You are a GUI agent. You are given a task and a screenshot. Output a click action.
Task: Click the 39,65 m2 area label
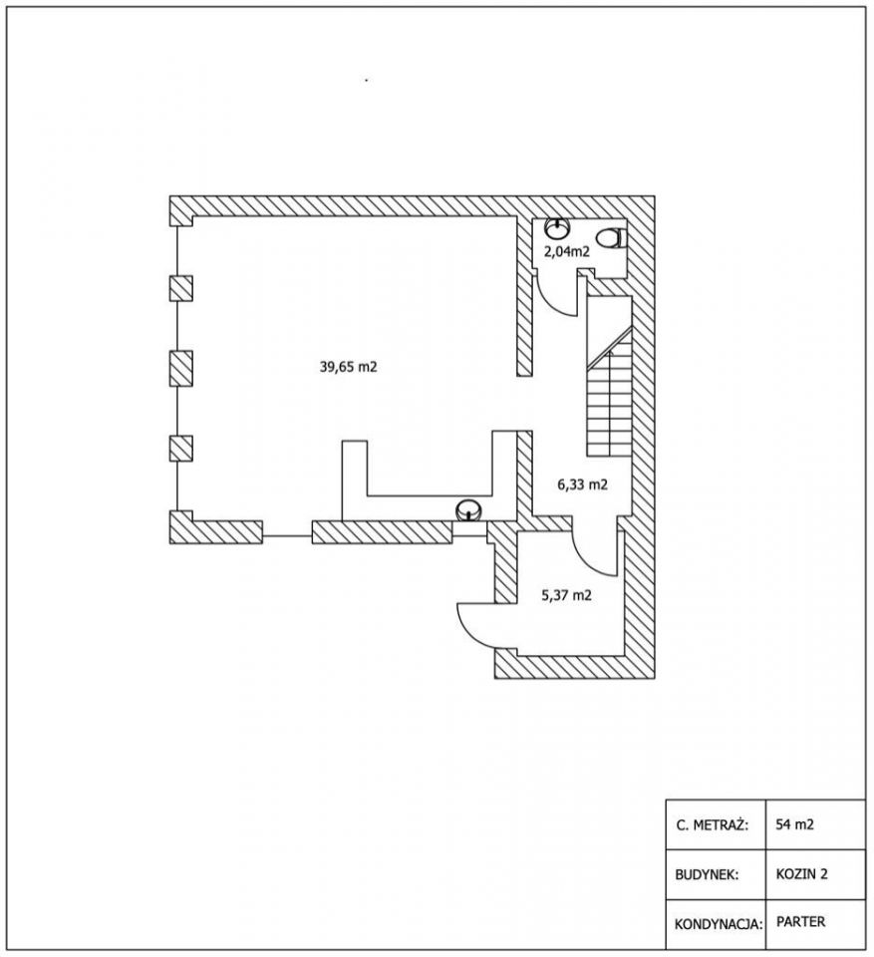click(348, 367)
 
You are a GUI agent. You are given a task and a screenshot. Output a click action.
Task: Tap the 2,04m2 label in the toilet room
click(566, 252)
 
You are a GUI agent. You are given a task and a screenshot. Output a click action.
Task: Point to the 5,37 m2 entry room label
click(566, 596)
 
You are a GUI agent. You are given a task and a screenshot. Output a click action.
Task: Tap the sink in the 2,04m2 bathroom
click(557, 228)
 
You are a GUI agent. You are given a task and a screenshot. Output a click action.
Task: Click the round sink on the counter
click(468, 510)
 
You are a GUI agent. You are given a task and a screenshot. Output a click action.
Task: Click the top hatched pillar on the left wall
click(180, 289)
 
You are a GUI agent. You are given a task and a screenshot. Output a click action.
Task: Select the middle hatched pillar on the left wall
click(180, 368)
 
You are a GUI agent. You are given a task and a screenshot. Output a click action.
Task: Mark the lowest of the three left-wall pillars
click(180, 448)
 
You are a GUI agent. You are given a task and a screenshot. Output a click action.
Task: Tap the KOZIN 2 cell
click(802, 874)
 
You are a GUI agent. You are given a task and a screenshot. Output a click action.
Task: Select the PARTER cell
click(799, 922)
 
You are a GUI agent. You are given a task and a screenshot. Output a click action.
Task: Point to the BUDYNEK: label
click(706, 874)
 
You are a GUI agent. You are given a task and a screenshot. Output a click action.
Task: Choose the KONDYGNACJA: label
click(718, 923)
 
